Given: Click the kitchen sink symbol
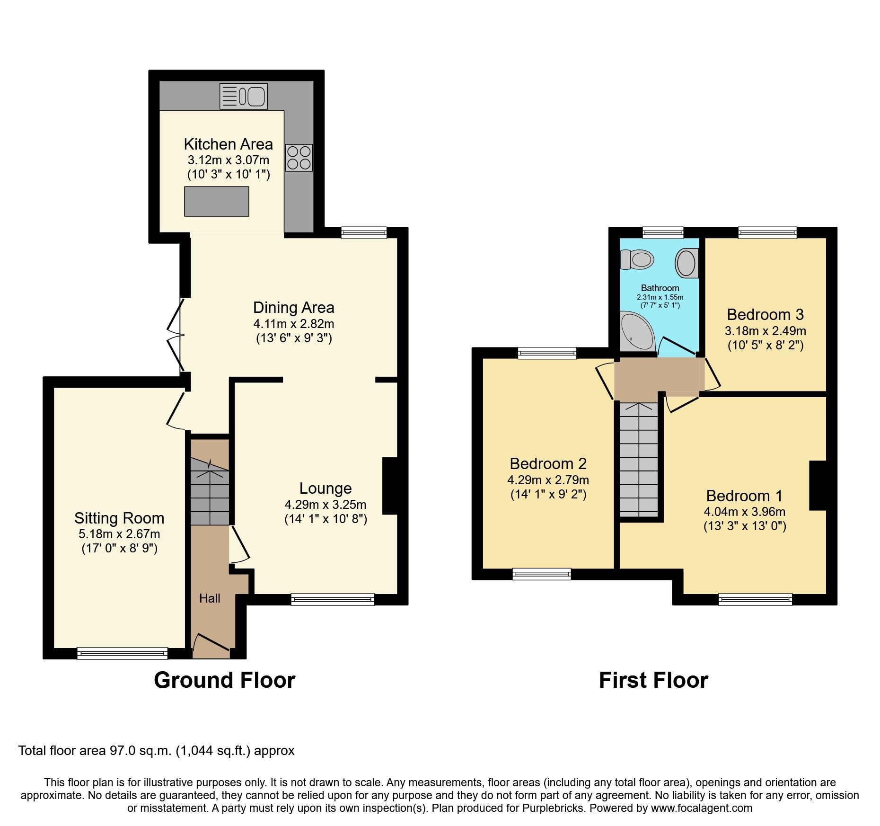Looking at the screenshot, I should [243, 97].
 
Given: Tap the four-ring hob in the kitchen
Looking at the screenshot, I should [299, 158].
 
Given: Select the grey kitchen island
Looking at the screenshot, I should [216, 201].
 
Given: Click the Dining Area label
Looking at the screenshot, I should [293, 308].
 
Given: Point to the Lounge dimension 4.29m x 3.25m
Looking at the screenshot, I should [325, 505].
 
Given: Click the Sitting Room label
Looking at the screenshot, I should [119, 518].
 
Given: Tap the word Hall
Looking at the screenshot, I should [210, 598].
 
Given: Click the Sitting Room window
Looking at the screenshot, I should [122, 653].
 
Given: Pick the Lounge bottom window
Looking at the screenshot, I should [333, 600].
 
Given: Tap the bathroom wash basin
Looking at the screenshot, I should [686, 263].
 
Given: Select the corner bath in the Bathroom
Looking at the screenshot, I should [635, 331].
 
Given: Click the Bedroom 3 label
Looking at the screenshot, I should [765, 315].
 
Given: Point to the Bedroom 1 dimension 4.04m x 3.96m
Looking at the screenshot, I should [744, 512].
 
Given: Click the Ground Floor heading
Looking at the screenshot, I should [224, 680].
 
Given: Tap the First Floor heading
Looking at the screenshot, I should [653, 680].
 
